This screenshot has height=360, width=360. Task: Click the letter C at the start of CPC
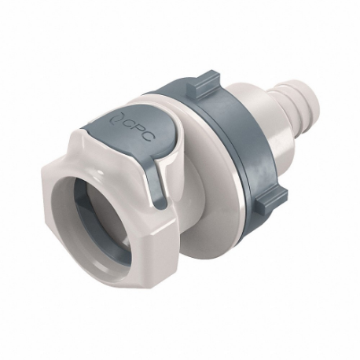[123, 125]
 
